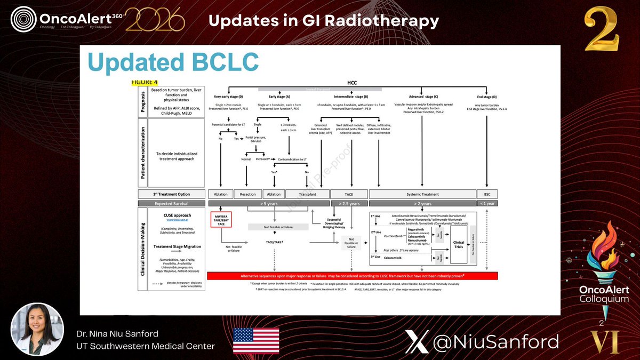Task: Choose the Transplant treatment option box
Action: (307, 194)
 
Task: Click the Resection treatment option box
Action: (248, 194)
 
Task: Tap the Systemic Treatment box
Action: (422, 194)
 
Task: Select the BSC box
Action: (486, 194)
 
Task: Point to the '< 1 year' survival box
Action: (486, 203)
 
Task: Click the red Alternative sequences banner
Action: (352, 276)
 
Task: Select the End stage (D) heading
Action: (486, 97)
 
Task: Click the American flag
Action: (256, 340)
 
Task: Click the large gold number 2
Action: (601, 32)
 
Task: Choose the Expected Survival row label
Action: (172, 203)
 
